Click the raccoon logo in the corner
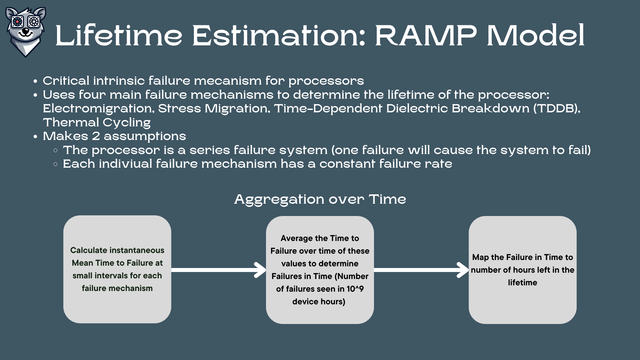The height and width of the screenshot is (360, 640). click(x=26, y=32)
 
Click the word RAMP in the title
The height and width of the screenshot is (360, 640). click(x=426, y=35)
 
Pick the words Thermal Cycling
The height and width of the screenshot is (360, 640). click(x=97, y=123)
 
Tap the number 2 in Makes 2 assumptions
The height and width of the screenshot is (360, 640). click(x=96, y=136)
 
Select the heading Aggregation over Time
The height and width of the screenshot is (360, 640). click(x=320, y=199)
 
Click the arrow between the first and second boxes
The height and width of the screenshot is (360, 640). click(x=218, y=270)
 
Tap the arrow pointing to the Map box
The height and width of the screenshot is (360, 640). click(x=421, y=270)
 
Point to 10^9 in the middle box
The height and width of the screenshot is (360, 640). click(x=355, y=289)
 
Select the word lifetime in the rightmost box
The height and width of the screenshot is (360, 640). click(x=522, y=283)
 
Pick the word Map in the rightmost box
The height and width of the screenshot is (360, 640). click(x=480, y=257)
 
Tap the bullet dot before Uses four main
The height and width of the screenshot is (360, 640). click(x=35, y=95)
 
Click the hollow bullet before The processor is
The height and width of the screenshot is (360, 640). click(x=55, y=150)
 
